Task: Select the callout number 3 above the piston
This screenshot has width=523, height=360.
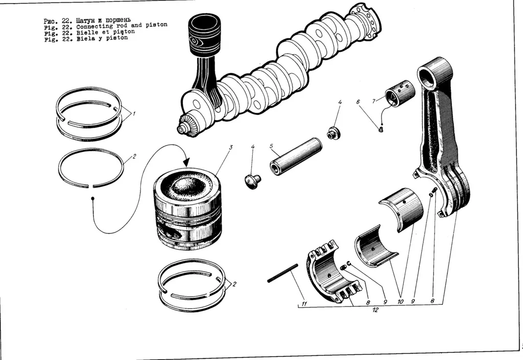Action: [x=231, y=148]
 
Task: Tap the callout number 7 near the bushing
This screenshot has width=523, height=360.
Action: [x=374, y=101]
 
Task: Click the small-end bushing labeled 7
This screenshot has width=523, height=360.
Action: [x=400, y=94]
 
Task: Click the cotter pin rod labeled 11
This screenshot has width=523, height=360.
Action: [x=282, y=273]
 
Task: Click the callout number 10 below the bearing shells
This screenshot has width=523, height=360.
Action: [x=400, y=302]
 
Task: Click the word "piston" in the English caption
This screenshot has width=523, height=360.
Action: [x=156, y=25]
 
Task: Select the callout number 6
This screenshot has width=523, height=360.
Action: [x=359, y=102]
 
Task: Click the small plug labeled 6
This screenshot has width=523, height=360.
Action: [x=381, y=129]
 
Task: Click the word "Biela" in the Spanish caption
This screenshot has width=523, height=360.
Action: [x=85, y=38]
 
